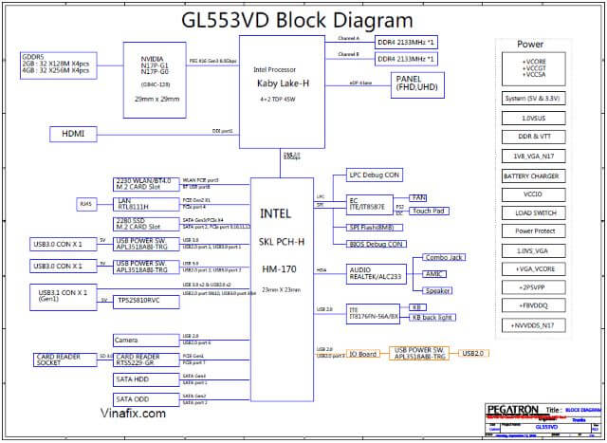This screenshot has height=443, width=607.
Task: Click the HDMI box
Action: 73,135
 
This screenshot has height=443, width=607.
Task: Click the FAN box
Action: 419,197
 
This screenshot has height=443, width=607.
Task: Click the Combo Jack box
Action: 444,257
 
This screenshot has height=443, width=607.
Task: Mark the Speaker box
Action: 437,290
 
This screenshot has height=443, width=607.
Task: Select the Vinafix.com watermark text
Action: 133,414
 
